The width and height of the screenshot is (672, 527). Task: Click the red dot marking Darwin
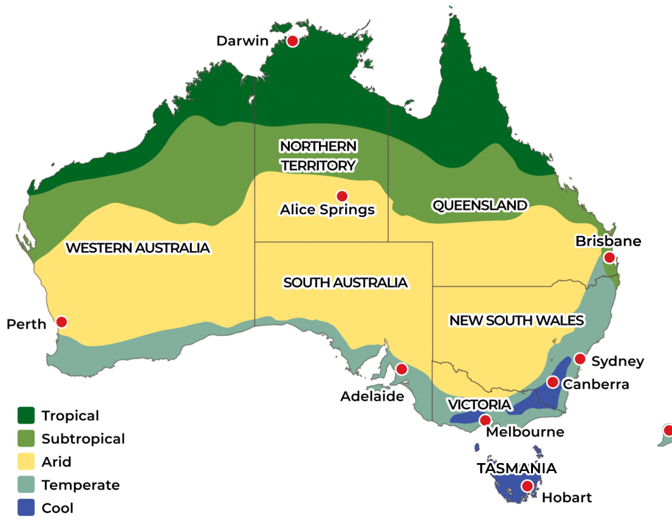point(293,41)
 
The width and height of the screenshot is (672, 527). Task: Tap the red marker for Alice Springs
point(341,196)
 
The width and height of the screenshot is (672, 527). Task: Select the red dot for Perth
point(61,321)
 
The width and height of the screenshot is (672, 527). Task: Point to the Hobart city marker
point(526,486)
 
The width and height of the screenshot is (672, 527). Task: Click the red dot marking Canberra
point(553,382)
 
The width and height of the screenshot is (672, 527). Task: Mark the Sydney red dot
point(580,359)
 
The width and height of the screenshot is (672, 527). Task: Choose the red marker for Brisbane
point(609,257)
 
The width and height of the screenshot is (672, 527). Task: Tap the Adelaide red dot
point(401,370)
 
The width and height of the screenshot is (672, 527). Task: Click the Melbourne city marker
point(485,420)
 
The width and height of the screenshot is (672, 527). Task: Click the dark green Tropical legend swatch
point(26,416)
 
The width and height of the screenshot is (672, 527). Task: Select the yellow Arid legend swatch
point(26,462)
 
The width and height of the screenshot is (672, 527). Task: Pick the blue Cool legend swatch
point(26,508)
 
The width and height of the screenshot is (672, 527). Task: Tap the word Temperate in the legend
point(80,485)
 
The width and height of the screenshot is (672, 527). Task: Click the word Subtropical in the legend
point(84,439)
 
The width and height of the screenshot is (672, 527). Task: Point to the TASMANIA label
point(517,468)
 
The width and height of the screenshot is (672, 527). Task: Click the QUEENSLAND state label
point(480,206)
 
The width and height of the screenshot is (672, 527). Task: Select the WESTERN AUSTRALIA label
point(138,248)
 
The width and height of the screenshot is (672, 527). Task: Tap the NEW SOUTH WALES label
point(517,321)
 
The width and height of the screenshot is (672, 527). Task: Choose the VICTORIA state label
point(478,404)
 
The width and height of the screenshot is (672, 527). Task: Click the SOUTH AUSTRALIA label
point(345,283)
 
